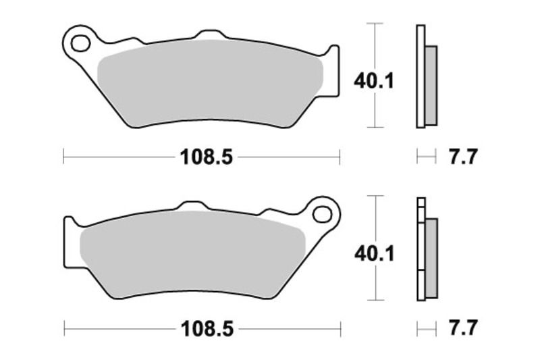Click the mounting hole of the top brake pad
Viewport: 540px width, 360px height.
coord(80,45)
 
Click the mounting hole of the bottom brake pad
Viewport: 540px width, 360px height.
coord(323,215)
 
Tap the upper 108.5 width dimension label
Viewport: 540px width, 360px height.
coord(206,157)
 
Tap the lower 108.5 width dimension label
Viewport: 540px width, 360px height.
coord(206,329)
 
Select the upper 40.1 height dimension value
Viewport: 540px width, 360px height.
coord(373,81)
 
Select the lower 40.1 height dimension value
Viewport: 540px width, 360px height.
coord(373,253)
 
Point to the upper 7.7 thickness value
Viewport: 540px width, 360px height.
coord(463,157)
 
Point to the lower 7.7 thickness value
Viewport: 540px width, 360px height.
coord(463,329)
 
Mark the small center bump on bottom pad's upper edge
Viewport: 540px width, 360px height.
coord(193,205)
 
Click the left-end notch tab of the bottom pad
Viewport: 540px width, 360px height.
coord(70,225)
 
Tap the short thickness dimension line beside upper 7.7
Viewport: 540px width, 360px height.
coord(426,157)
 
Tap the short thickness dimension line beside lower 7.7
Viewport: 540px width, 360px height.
coord(426,329)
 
